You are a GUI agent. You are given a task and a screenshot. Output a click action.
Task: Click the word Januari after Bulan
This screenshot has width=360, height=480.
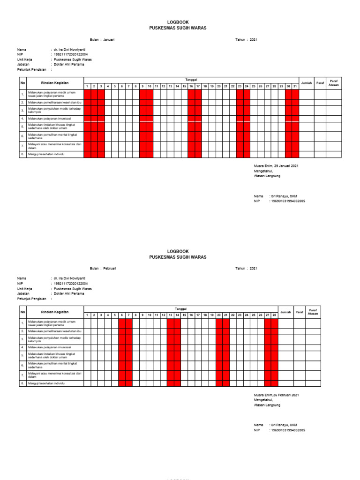(109, 39)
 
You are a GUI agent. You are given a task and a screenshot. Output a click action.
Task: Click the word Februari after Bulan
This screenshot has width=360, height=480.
(110, 268)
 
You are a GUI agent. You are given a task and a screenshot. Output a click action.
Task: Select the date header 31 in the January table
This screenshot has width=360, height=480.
(295, 86)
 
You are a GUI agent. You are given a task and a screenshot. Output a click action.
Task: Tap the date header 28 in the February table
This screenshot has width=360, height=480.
(275, 315)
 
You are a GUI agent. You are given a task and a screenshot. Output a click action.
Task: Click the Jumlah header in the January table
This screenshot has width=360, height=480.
(307, 83)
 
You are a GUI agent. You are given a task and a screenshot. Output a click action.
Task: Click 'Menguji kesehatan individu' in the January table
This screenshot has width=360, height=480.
(46, 154)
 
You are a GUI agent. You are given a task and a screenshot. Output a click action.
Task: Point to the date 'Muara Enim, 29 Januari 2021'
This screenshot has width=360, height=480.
(276, 166)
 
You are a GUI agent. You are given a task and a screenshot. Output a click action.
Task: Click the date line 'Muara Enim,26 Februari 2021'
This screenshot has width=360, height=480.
(276, 395)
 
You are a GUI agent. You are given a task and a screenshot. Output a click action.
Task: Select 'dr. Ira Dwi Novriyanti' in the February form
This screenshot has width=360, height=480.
(69, 278)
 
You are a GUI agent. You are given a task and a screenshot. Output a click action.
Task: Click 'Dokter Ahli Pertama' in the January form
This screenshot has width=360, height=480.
(69, 65)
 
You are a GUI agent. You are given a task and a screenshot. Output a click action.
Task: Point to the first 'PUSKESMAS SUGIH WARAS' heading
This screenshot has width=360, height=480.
(178, 28)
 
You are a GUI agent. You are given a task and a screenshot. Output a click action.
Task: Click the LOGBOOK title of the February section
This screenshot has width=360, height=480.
(178, 251)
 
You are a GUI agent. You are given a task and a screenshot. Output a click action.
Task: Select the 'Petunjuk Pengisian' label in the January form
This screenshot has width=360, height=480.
(32, 70)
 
